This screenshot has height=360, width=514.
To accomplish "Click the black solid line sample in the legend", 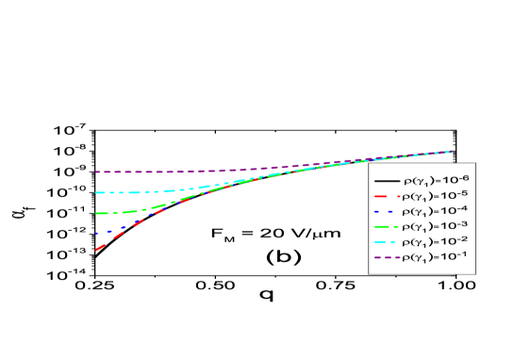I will click(x=386, y=180).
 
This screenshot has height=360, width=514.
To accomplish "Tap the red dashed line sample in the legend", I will click(x=386, y=196).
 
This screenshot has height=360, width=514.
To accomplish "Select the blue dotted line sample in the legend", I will click(x=386, y=211).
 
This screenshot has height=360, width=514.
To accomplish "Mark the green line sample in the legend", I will click(x=386, y=226).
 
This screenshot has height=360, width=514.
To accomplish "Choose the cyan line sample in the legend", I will click(x=386, y=241).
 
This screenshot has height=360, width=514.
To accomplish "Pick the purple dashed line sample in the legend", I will click(x=386, y=256).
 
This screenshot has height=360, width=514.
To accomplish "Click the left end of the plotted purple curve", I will click(x=95, y=172).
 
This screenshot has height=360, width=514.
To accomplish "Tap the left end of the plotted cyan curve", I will click(x=95, y=192).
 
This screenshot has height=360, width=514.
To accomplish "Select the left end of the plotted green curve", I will click(x=95, y=213).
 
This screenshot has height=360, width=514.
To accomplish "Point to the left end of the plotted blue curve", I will click(x=95, y=232).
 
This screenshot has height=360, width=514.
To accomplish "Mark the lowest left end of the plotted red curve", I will click(x=95, y=251).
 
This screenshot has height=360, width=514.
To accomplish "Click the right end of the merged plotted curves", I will click(x=451, y=151).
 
